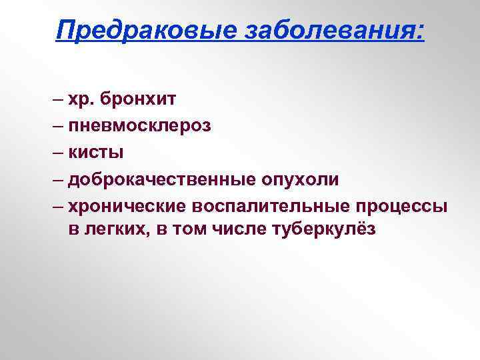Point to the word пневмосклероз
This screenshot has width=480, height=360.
click(x=139, y=126)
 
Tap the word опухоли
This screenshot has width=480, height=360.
click(x=301, y=180)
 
